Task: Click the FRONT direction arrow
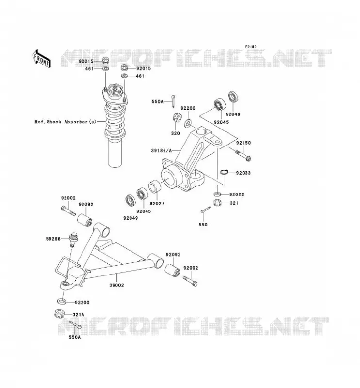(x=42, y=59)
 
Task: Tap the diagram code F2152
(x=251, y=47)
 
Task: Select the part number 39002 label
(x=116, y=285)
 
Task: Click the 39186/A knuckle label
(x=162, y=151)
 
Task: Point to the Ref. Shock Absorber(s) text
(x=65, y=122)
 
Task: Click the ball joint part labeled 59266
(x=74, y=239)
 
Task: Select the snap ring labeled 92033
(x=224, y=172)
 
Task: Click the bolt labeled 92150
(x=243, y=154)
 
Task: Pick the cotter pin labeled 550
(x=206, y=210)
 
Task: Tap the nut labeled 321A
(x=59, y=314)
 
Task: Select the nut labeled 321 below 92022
(x=217, y=203)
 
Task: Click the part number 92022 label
(x=237, y=194)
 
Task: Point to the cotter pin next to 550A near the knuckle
(x=173, y=101)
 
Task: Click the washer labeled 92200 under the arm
(x=61, y=301)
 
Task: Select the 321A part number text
(x=78, y=315)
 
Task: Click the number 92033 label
(x=244, y=173)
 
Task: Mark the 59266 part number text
(x=53, y=239)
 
